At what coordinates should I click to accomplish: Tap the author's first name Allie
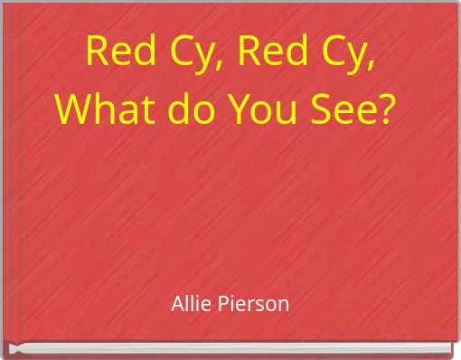pyautogui.click(x=190, y=304)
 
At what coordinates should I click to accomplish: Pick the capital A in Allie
pyautogui.click(x=177, y=304)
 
